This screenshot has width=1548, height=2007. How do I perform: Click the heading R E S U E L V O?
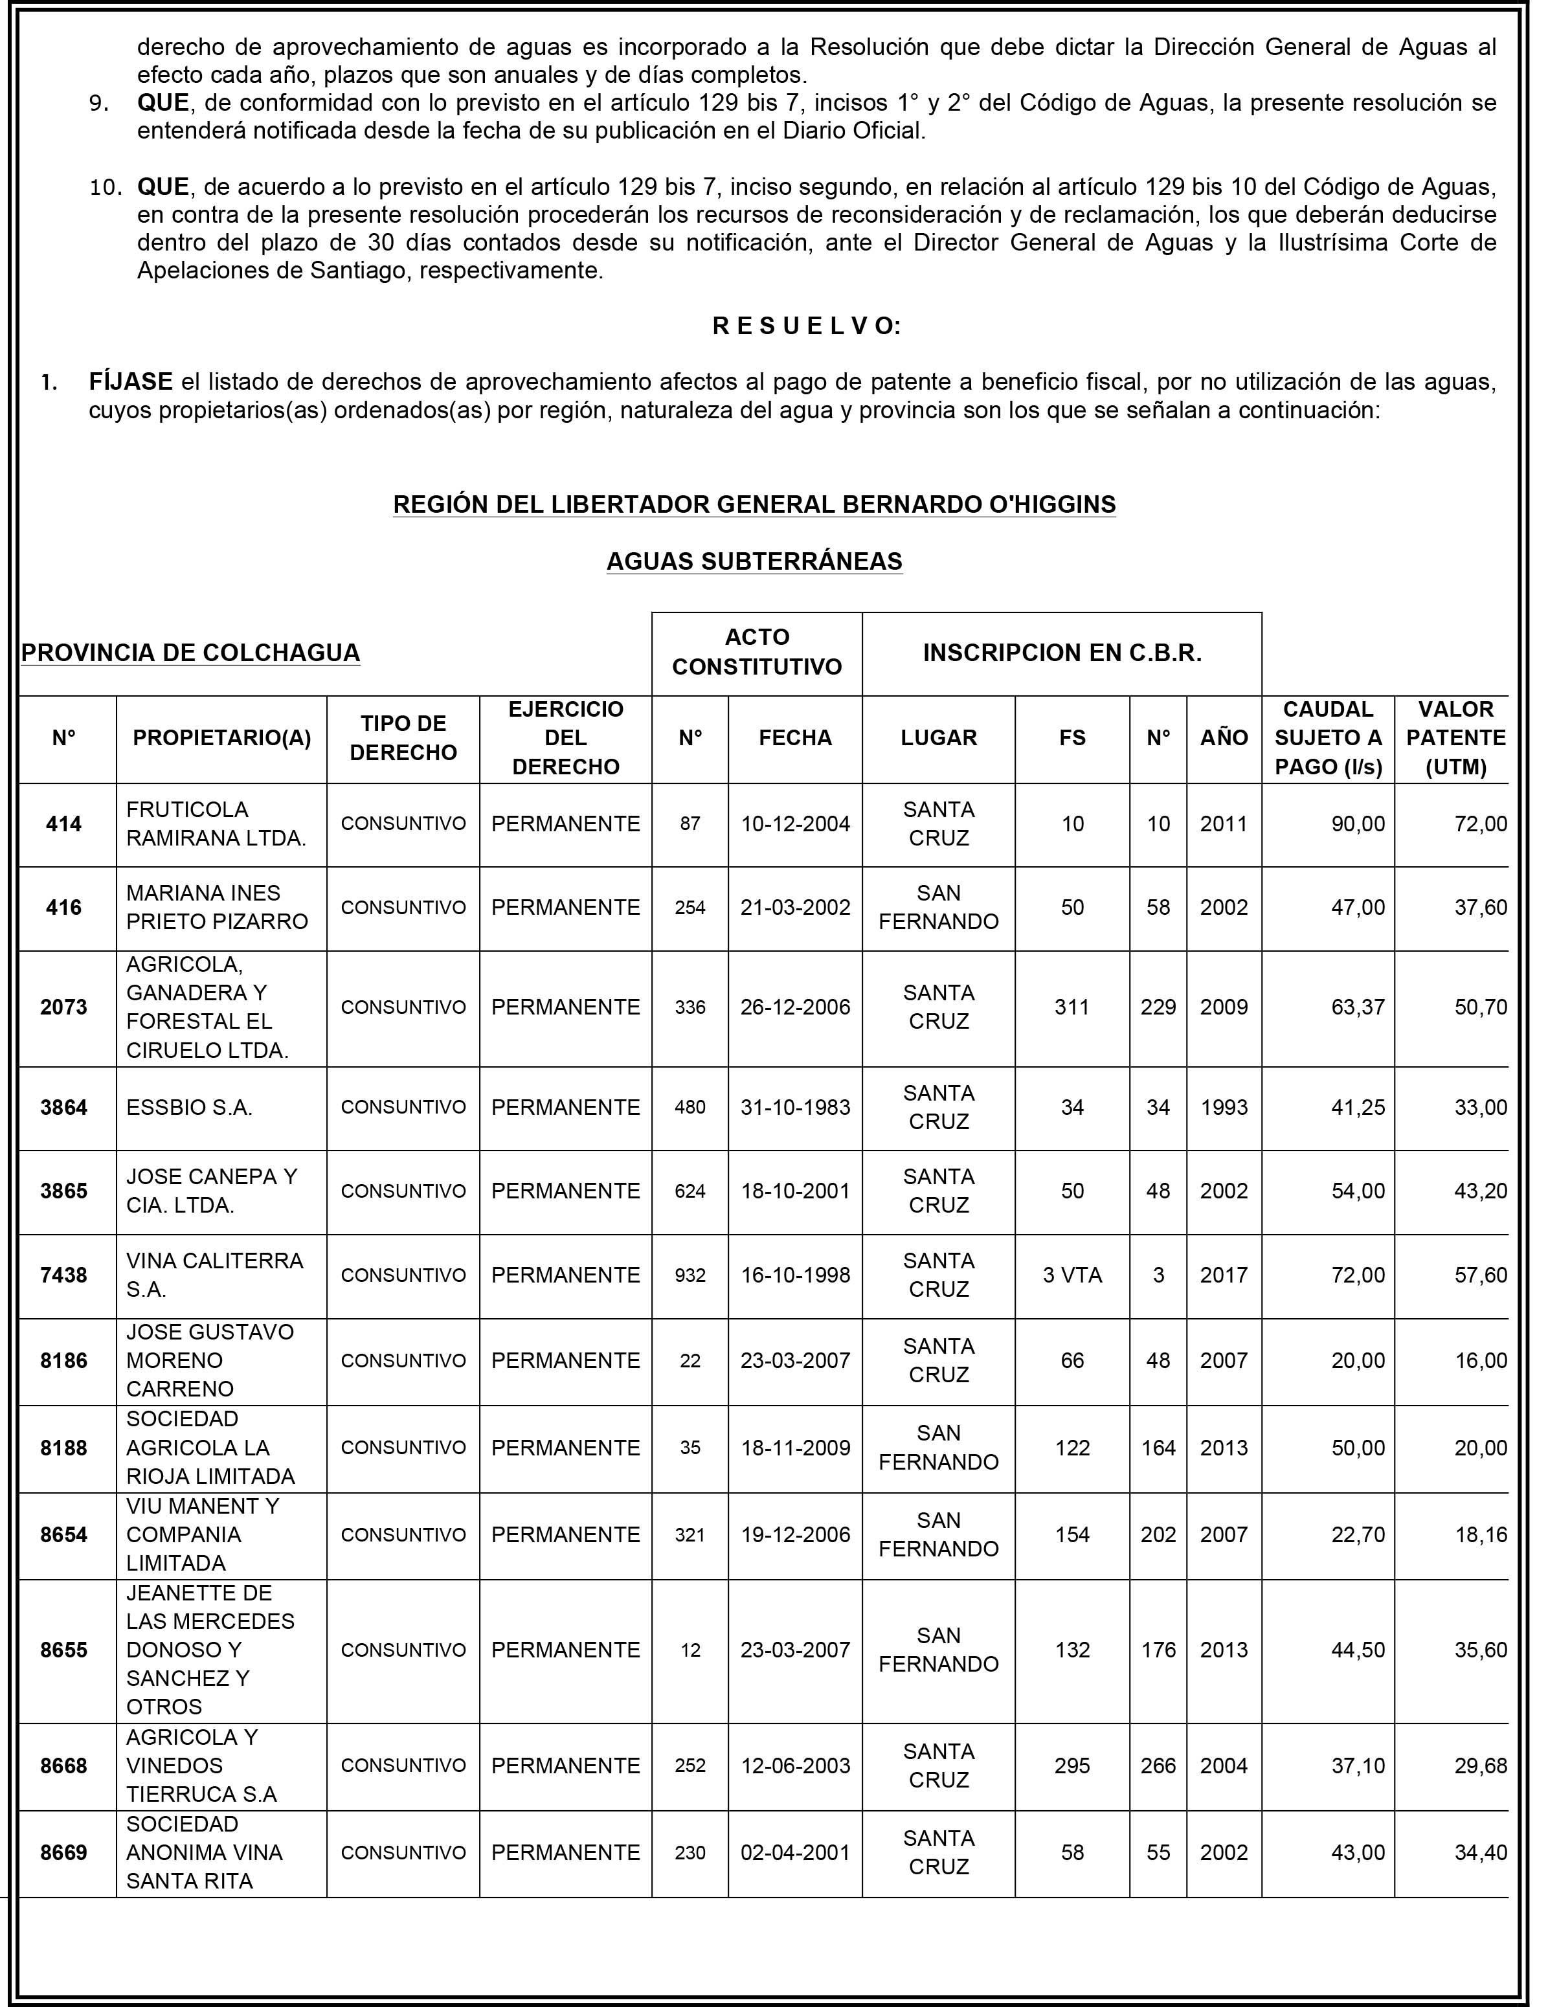806,326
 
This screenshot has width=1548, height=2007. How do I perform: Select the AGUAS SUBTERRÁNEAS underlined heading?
754,561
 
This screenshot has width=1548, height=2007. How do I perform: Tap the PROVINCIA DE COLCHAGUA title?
190,653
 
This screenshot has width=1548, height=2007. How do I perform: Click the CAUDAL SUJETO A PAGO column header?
1327,738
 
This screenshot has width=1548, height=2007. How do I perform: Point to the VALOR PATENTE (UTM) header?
1455,738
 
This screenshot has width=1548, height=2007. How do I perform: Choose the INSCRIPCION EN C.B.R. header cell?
1062,653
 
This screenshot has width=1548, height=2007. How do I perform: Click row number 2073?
63,1007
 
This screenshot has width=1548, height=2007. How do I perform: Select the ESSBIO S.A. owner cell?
189,1107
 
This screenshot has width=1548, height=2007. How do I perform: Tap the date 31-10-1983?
795,1107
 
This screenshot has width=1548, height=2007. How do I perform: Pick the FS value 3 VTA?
1072,1275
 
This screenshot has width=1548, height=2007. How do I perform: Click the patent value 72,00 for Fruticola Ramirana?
1480,824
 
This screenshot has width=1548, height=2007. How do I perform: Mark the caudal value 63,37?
1358,1007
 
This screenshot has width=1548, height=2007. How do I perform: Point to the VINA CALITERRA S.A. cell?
214,1275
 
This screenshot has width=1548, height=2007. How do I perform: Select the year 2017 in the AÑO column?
1224,1275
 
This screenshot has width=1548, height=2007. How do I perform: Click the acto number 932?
690,1275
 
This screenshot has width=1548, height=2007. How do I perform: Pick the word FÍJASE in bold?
131,381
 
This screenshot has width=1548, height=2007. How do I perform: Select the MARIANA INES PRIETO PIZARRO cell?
217,907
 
